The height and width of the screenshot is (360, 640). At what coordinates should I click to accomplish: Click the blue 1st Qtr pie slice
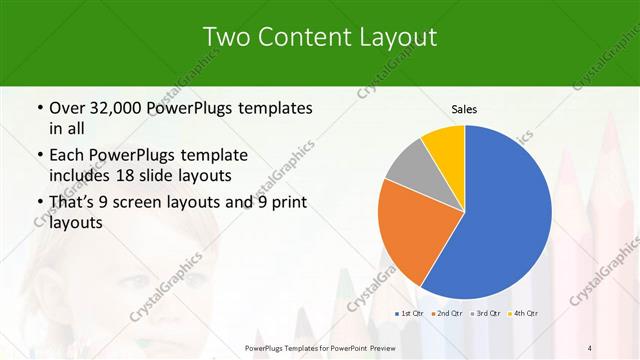[x=505, y=215]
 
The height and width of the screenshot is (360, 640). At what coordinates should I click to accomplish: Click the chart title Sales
[x=464, y=108]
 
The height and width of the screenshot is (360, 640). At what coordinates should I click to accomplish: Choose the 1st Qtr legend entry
[x=410, y=314]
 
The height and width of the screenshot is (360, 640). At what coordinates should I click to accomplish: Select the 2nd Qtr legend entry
[x=446, y=314]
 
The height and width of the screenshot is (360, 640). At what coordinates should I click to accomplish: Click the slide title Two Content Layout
[x=320, y=37]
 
